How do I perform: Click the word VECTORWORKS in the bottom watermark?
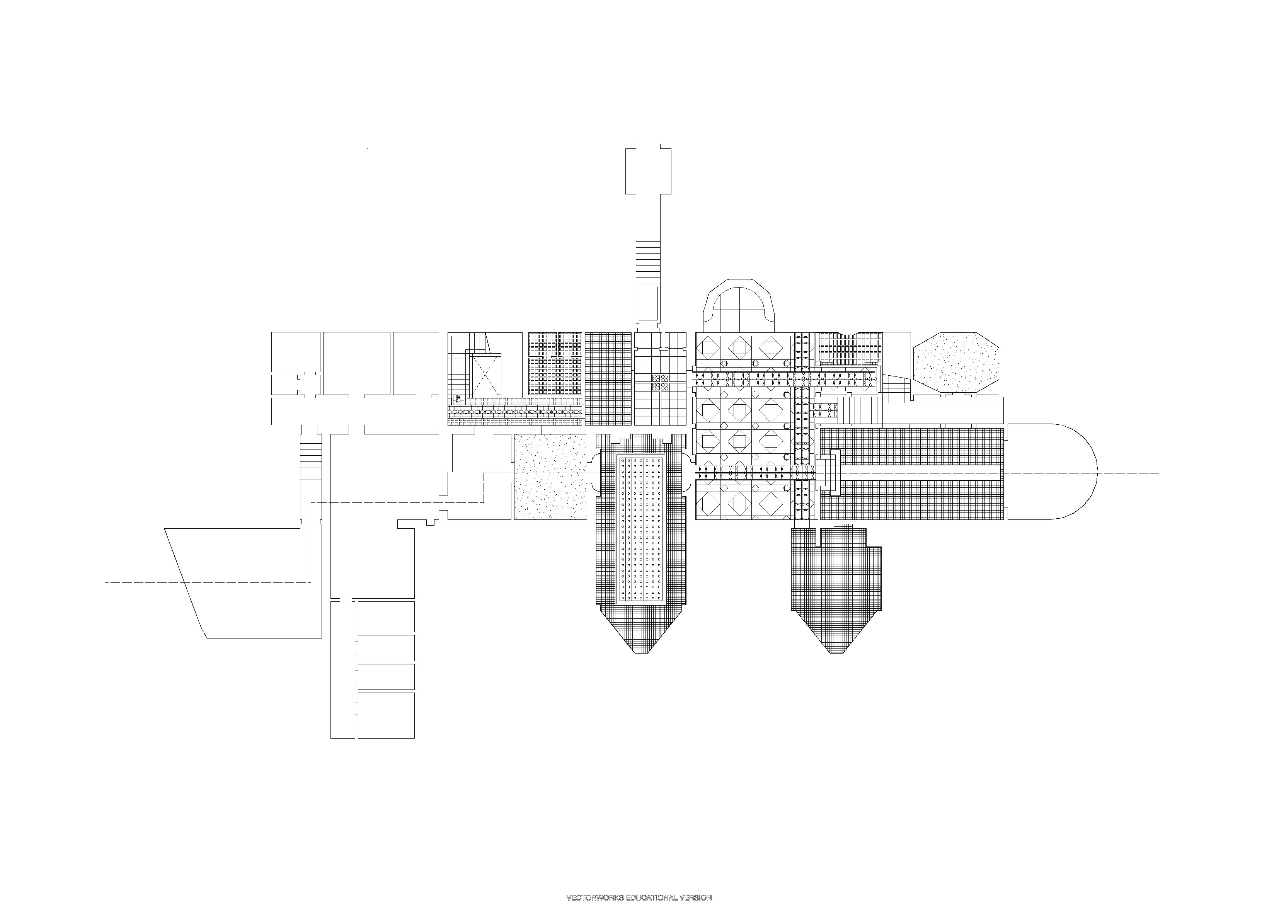(x=592, y=897)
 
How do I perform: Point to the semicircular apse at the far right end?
(x=1058, y=472)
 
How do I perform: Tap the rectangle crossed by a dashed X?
(x=487, y=374)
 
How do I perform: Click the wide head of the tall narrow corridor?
(x=649, y=170)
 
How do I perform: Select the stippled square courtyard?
(x=550, y=477)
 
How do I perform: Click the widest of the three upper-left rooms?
(x=356, y=363)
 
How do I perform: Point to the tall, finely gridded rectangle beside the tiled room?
(x=609, y=379)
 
